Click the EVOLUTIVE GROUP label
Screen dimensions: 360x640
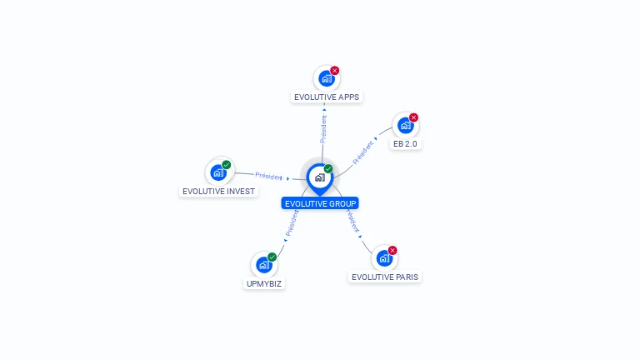[320, 203]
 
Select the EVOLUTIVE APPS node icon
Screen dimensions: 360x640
[326, 78]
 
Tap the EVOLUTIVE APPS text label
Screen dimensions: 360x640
[327, 97]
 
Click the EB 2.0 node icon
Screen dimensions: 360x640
[405, 126]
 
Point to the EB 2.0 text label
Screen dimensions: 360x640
[406, 143]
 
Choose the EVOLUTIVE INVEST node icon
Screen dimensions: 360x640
[218, 172]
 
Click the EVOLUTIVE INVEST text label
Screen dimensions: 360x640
[218, 191]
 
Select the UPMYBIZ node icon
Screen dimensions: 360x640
[264, 265]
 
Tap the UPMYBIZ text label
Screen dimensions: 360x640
[264, 283]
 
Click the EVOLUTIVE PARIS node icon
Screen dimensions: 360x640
[384, 258]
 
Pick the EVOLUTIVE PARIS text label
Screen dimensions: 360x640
[385, 277]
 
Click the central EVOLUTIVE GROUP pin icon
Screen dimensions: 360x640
[319, 177]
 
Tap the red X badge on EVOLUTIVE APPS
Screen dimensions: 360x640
[335, 71]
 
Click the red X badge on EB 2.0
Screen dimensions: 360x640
[413, 117]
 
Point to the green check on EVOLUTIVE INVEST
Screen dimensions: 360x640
[227, 165]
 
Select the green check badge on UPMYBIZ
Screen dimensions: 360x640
[272, 257]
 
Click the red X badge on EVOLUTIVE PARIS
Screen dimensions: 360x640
[392, 250]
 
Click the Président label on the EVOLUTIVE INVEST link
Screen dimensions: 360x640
[269, 176]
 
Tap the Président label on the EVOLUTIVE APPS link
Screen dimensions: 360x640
[323, 127]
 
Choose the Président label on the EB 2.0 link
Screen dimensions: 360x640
[363, 152]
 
